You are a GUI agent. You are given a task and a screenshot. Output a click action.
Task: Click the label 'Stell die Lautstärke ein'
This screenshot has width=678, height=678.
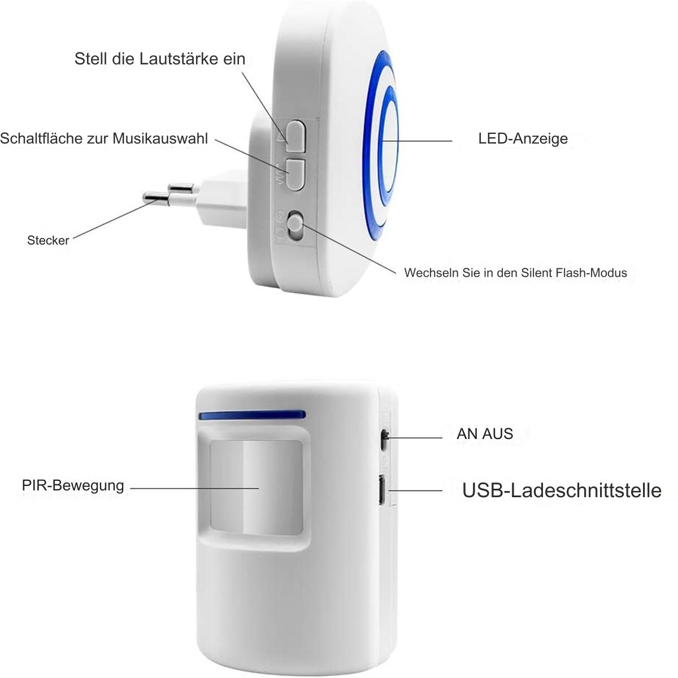tap(160, 59)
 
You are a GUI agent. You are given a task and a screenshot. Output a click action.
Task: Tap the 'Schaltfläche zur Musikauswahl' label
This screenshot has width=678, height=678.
tap(104, 138)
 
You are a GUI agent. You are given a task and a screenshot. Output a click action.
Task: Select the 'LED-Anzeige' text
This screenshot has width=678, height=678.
tap(523, 138)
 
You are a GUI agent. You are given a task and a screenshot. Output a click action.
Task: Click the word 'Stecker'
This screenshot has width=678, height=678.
tap(48, 240)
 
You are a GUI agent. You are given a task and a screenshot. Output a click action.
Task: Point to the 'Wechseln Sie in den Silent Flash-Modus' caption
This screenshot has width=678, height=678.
tap(515, 273)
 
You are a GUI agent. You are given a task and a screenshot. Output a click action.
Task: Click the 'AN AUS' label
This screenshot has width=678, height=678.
tap(485, 434)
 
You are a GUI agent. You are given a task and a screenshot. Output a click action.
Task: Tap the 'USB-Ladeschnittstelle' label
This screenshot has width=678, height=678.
tap(562, 490)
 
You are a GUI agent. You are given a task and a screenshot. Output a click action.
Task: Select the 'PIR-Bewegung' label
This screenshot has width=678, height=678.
tap(73, 485)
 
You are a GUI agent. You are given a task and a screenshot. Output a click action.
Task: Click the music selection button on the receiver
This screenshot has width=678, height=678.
tap(295, 175)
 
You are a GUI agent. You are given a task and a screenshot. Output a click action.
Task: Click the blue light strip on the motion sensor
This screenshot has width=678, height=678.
tap(252, 415)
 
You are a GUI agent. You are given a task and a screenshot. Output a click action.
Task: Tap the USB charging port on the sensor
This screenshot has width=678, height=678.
tap(381, 490)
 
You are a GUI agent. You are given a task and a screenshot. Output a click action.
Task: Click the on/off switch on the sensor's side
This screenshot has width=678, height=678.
tap(385, 440)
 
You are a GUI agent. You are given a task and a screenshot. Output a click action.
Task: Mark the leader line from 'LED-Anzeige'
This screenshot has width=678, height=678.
tap(418, 141)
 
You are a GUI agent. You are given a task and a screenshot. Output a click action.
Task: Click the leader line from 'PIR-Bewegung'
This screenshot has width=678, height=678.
tap(194, 488)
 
